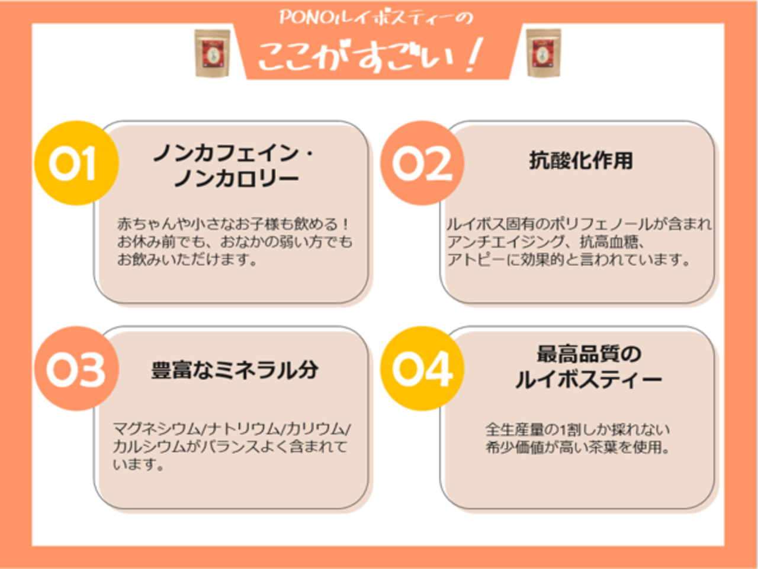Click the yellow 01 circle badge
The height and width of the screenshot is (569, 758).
pyautogui.click(x=76, y=163)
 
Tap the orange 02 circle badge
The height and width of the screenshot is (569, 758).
pyautogui.click(x=422, y=163)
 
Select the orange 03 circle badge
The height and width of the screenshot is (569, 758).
pyautogui.click(x=76, y=368)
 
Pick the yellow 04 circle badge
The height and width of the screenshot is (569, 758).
pyautogui.click(x=422, y=368)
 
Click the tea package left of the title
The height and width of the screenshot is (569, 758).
pyautogui.click(x=212, y=53)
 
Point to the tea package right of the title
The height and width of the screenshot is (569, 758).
pyautogui.click(x=543, y=53)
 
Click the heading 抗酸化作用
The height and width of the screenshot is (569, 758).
pyautogui.click(x=581, y=160)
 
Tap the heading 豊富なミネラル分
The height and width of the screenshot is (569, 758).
pyautogui.click(x=235, y=370)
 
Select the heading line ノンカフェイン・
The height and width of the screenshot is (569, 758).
pyautogui.click(x=235, y=153)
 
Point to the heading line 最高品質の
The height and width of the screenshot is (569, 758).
pyautogui.click(x=589, y=354)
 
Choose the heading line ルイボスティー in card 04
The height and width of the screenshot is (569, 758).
pyautogui.click(x=589, y=379)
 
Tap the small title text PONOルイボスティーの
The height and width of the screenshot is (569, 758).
pyautogui.click(x=376, y=17)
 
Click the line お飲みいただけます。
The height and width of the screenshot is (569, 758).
pyautogui.click(x=187, y=259)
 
